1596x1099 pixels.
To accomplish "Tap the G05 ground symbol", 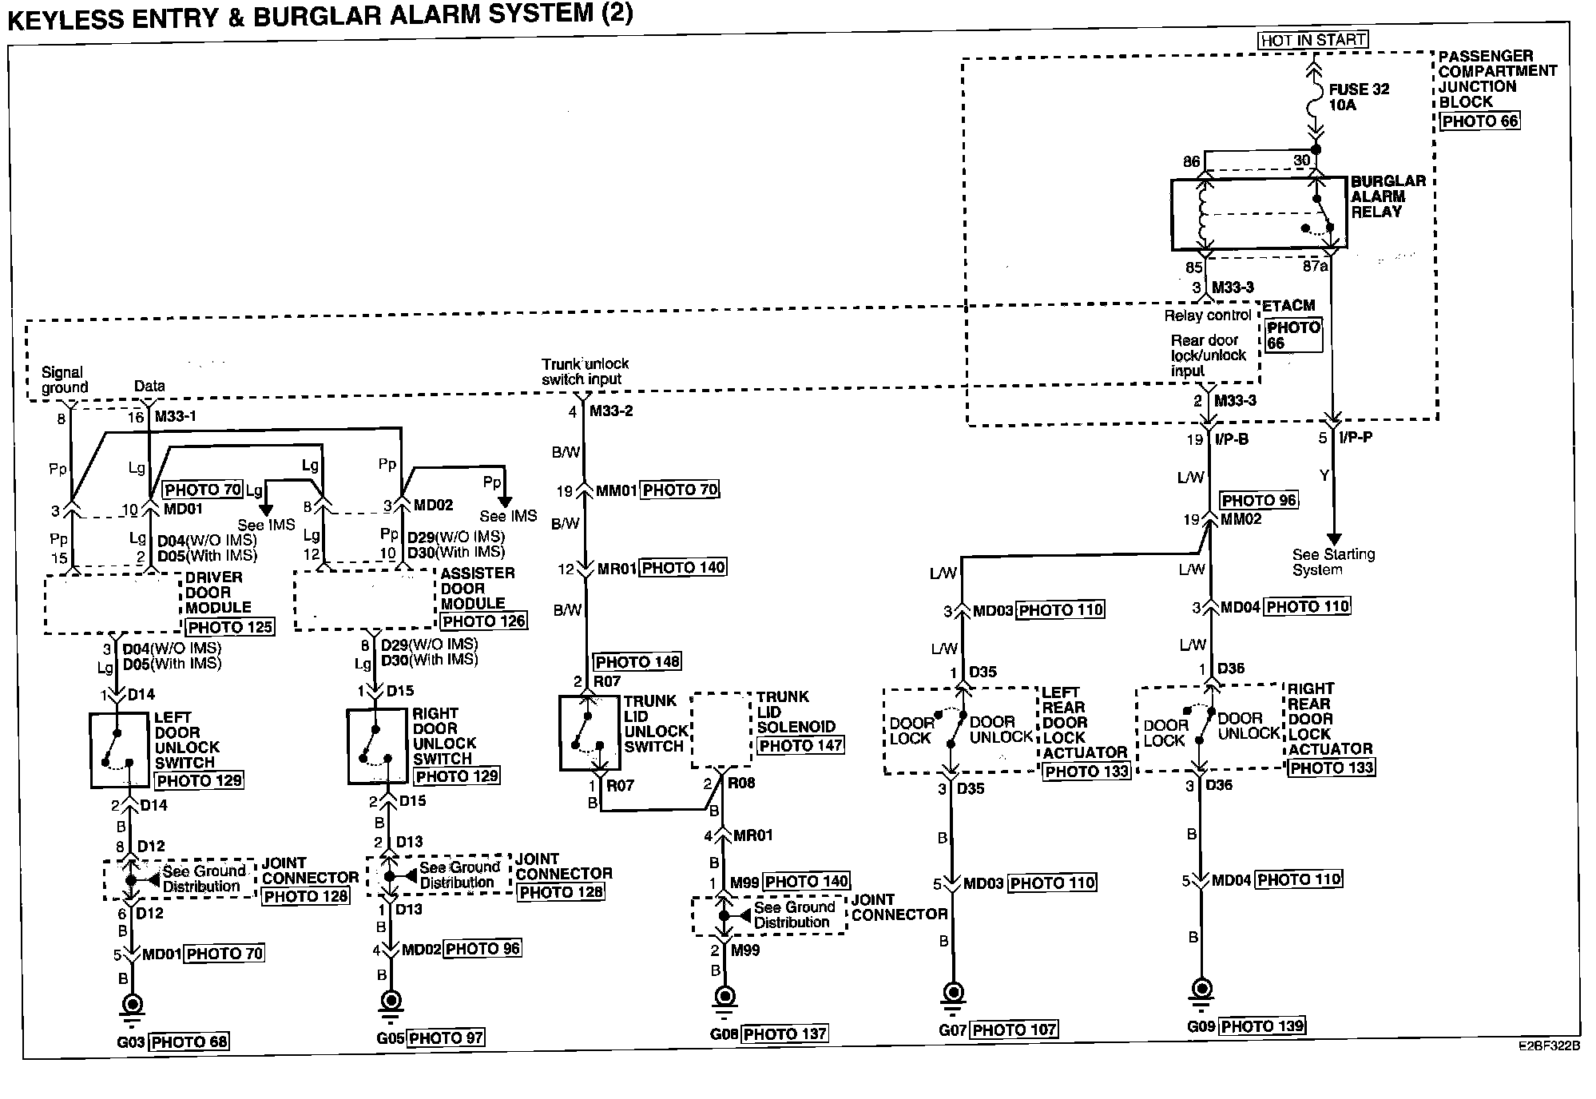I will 391,1002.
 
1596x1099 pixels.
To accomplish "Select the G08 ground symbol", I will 725,998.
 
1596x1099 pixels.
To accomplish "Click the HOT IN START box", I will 1312,40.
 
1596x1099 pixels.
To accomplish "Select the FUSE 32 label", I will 1359,89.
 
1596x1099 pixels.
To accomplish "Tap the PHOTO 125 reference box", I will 230,627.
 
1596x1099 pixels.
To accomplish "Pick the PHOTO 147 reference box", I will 800,745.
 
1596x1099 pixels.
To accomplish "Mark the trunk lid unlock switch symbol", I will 590,733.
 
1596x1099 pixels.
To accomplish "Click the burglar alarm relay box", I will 1258,213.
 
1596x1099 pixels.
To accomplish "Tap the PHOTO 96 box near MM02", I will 1259,501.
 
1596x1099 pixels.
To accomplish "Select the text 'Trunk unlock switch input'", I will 585,371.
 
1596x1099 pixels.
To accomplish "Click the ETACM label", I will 1288,306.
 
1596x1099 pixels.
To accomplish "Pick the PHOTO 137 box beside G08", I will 784,1034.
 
